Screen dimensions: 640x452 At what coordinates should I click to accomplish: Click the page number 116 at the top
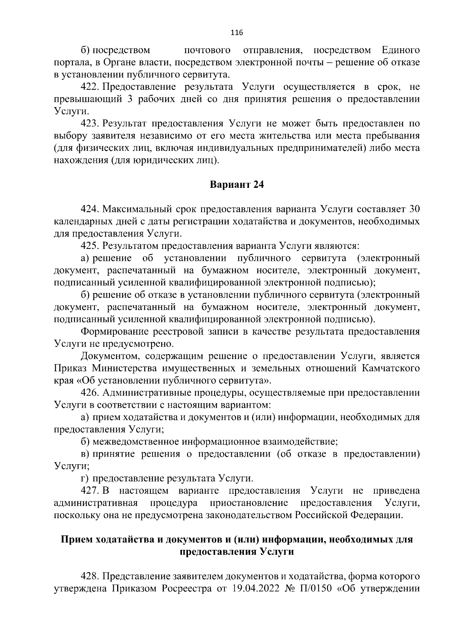pos(237,33)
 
